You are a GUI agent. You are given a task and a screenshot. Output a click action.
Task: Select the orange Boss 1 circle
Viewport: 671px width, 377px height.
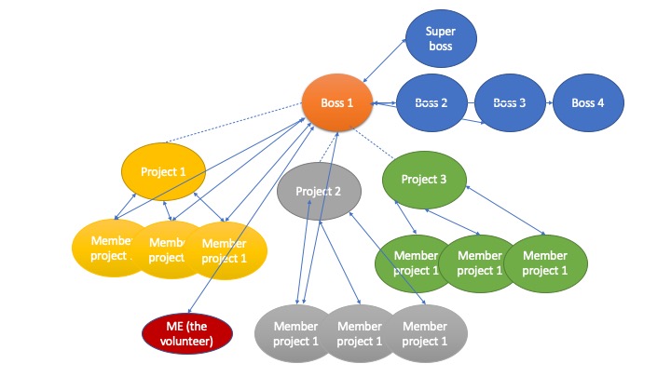pos(336,103)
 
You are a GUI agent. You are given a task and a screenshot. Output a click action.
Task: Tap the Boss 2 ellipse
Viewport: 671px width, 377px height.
pos(432,103)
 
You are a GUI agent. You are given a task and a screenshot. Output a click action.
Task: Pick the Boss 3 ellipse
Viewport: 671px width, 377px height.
pos(511,103)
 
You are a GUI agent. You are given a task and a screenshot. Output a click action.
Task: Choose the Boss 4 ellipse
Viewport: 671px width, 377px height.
pos(588,103)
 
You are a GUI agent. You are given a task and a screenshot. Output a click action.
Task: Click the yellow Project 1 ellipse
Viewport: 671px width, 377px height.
pos(163,171)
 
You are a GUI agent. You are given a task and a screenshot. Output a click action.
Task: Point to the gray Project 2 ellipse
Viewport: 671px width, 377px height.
pos(319,192)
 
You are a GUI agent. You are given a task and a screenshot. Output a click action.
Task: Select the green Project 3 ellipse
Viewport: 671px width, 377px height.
pos(424,179)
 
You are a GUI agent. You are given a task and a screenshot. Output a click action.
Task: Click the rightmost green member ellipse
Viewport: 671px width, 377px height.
pos(547,263)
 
